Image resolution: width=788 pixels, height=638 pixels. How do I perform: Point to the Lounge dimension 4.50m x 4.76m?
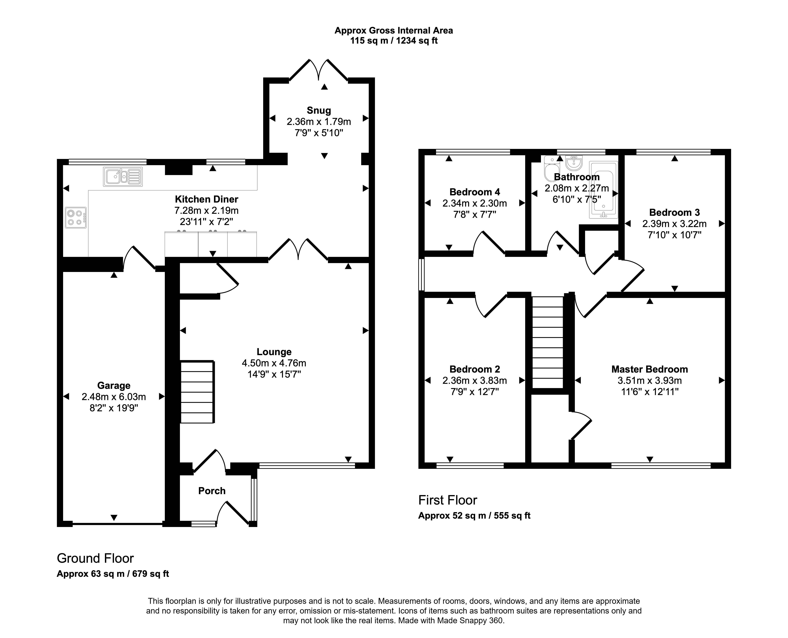tap(274, 363)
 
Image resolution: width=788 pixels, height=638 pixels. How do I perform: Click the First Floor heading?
tap(448, 500)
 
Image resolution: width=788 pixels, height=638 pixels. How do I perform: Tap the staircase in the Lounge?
tap(197, 392)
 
